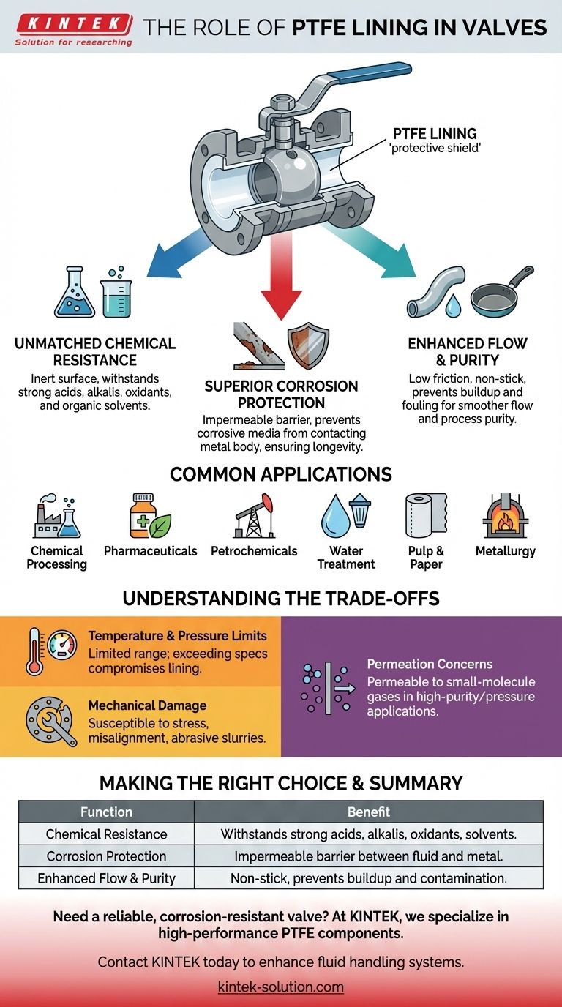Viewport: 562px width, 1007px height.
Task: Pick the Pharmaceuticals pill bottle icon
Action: click(x=144, y=517)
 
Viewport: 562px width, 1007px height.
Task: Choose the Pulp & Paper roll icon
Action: click(x=425, y=517)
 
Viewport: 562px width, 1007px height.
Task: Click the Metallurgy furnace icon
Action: click(x=505, y=517)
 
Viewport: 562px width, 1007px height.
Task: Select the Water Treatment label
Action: click(x=346, y=557)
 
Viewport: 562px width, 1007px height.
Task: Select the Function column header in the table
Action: click(x=107, y=812)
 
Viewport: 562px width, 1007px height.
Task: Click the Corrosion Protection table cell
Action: click(x=107, y=856)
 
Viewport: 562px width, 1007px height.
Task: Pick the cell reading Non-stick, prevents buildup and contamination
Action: click(x=368, y=877)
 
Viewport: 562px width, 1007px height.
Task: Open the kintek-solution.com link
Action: click(x=281, y=987)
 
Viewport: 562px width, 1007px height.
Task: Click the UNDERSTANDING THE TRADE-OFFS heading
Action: click(x=281, y=598)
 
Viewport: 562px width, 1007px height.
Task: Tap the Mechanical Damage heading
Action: click(x=147, y=705)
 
